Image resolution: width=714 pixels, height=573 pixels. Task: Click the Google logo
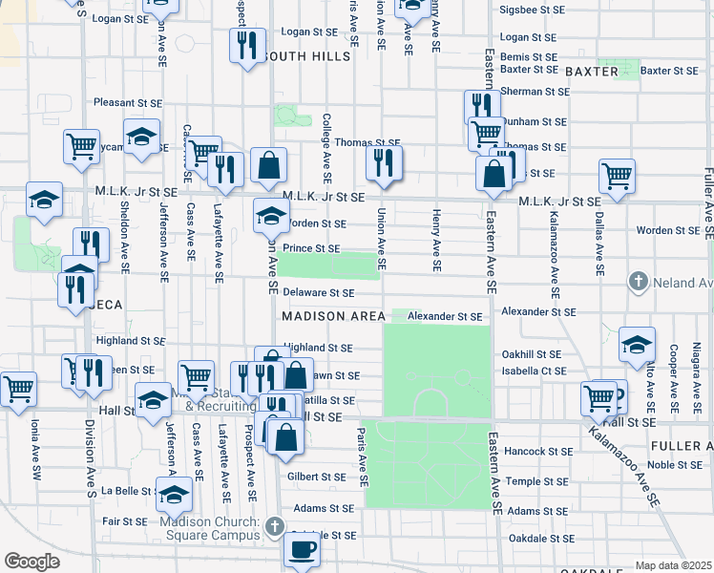point(31,561)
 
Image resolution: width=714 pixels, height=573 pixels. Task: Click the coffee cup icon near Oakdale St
point(303,550)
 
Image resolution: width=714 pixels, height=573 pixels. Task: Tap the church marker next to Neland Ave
point(638,282)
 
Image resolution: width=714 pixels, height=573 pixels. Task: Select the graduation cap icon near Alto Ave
point(637,346)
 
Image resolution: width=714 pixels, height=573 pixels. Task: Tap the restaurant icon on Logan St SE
point(247,45)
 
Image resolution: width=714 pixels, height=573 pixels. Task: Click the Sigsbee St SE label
point(535,11)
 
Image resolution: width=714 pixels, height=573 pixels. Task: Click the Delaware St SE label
point(318,293)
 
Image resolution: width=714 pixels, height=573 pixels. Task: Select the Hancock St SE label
point(537,452)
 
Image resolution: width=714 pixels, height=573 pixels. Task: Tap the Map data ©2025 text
point(672,565)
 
